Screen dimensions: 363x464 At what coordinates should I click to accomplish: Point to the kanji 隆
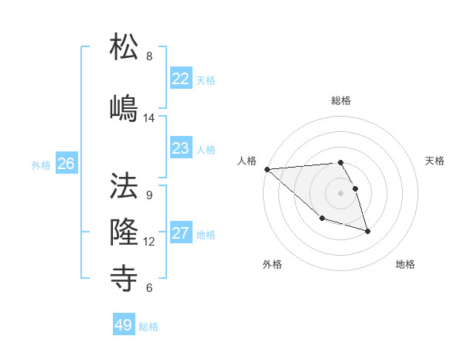pyautogui.click(x=125, y=230)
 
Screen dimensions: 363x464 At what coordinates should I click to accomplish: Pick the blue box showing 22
pyautogui.click(x=180, y=79)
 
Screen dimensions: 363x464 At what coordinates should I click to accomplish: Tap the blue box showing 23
pyautogui.click(x=180, y=148)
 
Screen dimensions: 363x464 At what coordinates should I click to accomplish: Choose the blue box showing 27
pyautogui.click(x=180, y=233)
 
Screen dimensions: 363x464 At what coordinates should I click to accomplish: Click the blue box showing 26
pyautogui.click(x=66, y=164)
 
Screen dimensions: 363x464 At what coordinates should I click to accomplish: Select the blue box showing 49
pyautogui.click(x=124, y=325)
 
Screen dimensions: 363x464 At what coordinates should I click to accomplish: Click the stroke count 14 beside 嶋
pyautogui.click(x=149, y=118)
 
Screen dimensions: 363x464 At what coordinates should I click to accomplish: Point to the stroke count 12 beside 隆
pyautogui.click(x=149, y=242)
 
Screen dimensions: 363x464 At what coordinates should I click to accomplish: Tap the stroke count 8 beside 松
pyautogui.click(x=149, y=56)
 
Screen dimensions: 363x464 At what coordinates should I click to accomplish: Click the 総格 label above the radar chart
pyautogui.click(x=341, y=100)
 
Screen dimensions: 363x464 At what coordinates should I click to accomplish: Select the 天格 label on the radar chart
pyautogui.click(x=435, y=161)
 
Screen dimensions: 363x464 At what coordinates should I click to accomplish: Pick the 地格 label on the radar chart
pyautogui.click(x=405, y=264)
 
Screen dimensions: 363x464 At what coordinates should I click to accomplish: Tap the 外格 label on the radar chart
pyautogui.click(x=272, y=264)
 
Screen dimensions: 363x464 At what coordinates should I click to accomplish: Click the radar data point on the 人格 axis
pyautogui.click(x=267, y=169)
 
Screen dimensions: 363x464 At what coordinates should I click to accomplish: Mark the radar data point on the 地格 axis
pyautogui.click(x=367, y=231)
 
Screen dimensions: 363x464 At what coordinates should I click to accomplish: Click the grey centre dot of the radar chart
pyautogui.click(x=341, y=192)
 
